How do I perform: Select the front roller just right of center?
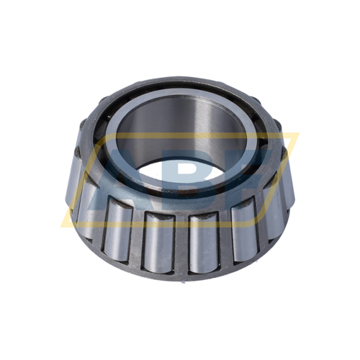204,241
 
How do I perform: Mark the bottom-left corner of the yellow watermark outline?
63,220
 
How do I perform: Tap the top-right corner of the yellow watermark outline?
299,134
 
